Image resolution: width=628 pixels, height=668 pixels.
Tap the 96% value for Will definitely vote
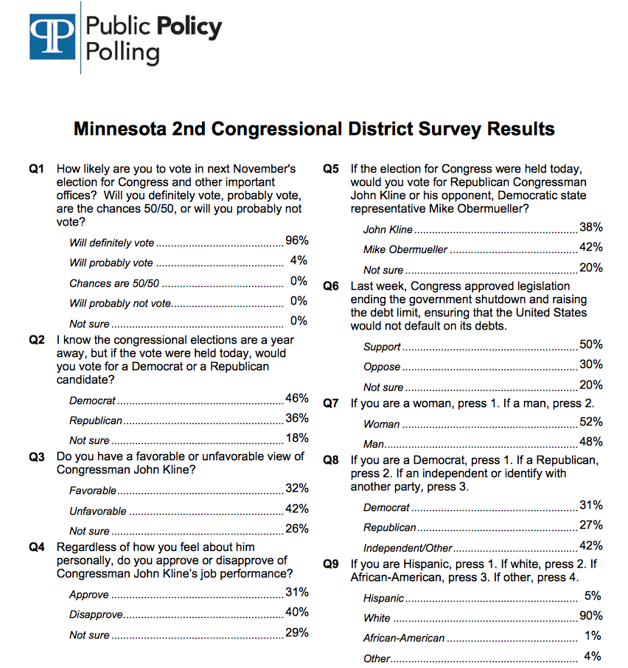pyautogui.click(x=297, y=241)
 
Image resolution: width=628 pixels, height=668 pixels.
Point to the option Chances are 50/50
pyautogui.click(x=114, y=283)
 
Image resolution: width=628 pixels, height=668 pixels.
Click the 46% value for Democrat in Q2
pyautogui.click(x=297, y=399)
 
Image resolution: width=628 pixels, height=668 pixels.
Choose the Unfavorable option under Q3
pyautogui.click(x=98, y=511)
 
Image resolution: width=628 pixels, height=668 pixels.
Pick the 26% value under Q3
pyautogui.click(x=297, y=529)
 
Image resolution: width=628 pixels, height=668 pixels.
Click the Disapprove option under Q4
pyautogui.click(x=96, y=615)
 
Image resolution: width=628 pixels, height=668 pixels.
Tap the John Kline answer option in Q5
pyautogui.click(x=388, y=230)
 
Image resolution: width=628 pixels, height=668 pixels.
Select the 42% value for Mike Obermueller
pyautogui.click(x=591, y=247)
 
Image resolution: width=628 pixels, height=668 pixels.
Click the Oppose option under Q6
pyautogui.click(x=382, y=366)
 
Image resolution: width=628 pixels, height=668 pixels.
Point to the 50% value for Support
pyautogui.click(x=591, y=344)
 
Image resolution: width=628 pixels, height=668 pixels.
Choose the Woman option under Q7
pyautogui.click(x=381, y=424)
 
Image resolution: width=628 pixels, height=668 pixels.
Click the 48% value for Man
pyautogui.click(x=591, y=442)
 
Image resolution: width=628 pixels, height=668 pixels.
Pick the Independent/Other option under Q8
pyautogui.click(x=407, y=549)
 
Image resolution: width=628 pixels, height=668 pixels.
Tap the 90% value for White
pyautogui.click(x=591, y=616)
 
